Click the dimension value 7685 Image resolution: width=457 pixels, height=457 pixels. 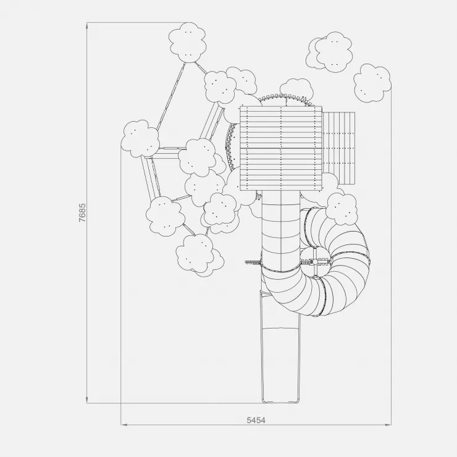pyautogui.click(x=83, y=213)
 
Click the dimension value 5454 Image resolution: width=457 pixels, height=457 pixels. pyautogui.click(x=256, y=420)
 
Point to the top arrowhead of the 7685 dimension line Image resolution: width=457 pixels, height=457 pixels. pyautogui.click(x=87, y=26)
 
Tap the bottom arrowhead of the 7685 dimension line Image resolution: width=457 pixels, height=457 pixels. pyautogui.click(x=87, y=400)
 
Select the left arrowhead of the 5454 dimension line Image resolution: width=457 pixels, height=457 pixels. pyautogui.click(x=124, y=425)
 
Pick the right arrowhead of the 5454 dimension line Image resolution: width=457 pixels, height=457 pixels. pyautogui.click(x=388, y=425)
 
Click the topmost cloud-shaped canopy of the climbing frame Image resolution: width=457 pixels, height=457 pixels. pyautogui.click(x=188, y=43)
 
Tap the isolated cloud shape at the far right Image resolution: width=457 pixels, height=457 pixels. pyautogui.click(x=372, y=83)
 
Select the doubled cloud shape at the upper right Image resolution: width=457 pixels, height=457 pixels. pyautogui.click(x=329, y=52)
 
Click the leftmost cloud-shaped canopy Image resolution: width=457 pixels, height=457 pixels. pyautogui.click(x=140, y=138)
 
